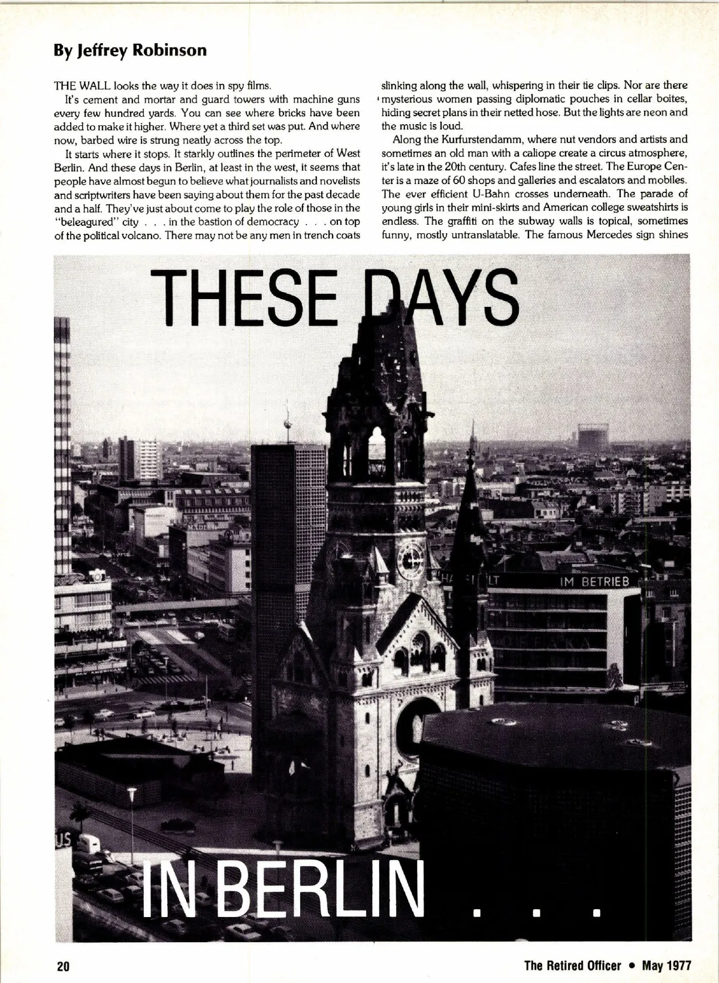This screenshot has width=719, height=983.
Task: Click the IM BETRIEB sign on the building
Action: [594, 582]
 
